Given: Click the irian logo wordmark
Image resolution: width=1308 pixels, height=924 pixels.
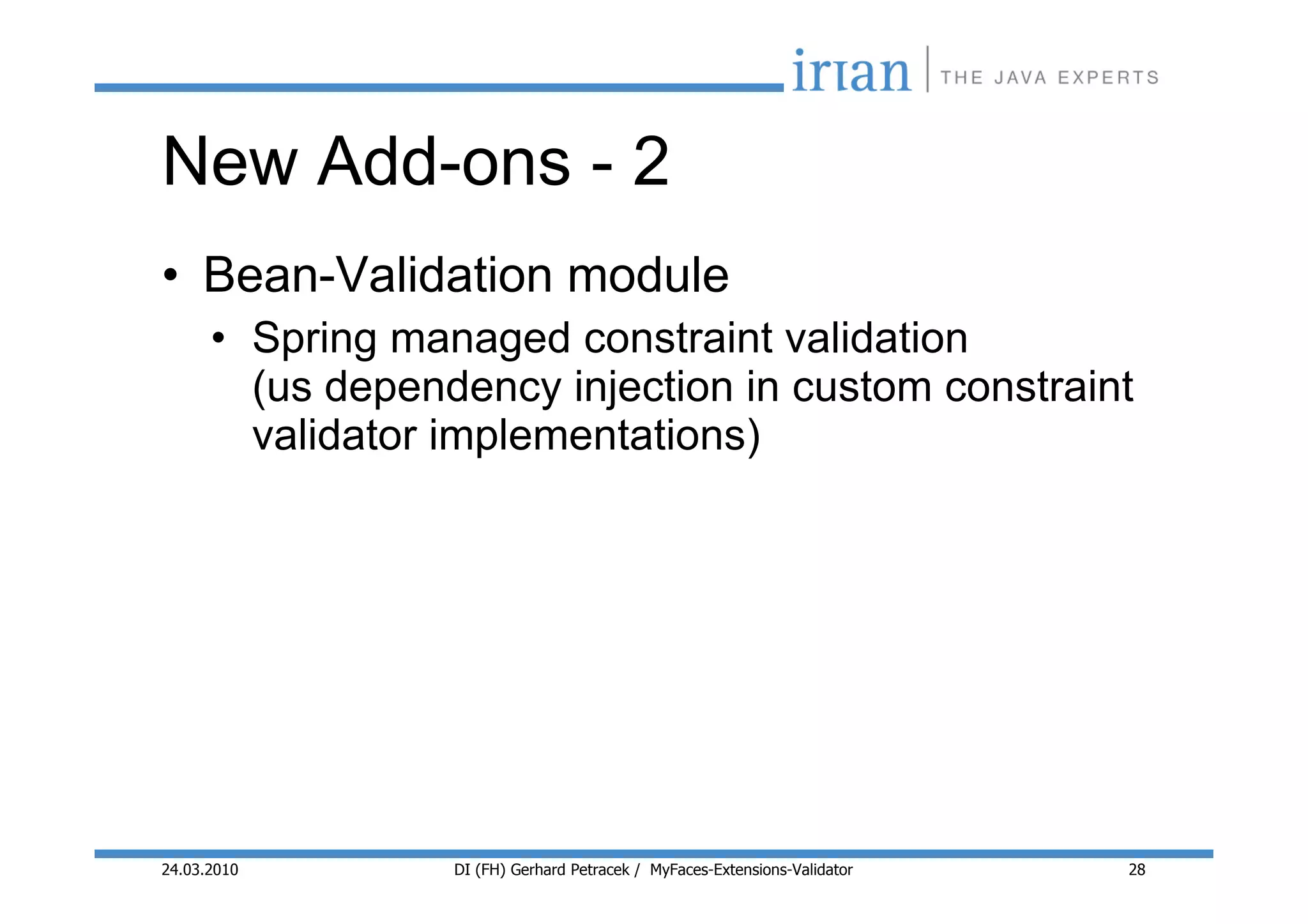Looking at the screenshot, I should point(851,72).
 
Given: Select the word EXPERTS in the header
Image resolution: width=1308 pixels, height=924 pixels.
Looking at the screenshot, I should point(1108,78).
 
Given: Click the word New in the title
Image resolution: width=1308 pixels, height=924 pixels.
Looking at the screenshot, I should point(230,162).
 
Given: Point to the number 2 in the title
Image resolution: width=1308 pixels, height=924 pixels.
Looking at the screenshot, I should point(651,162).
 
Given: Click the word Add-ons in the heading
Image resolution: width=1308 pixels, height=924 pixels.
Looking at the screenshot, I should point(443,162).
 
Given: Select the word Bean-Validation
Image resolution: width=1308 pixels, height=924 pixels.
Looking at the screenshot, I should point(377,276).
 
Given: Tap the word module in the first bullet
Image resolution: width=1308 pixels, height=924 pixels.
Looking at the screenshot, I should point(648,276).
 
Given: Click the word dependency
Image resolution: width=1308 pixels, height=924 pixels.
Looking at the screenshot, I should point(443,388).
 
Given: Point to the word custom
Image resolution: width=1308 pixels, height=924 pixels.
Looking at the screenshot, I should point(862,387).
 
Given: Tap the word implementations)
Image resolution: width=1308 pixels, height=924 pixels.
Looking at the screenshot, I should point(594,437).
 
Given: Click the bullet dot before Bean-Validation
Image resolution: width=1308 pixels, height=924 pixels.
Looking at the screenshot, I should point(170,276).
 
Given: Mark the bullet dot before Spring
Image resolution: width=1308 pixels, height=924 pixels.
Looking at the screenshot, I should point(219,338).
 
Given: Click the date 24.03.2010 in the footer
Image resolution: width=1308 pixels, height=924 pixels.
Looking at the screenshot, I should point(199,870).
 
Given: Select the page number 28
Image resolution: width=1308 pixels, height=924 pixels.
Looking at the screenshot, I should point(1137,870).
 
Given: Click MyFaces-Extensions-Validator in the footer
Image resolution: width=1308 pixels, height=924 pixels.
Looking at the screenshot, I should point(751,870).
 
